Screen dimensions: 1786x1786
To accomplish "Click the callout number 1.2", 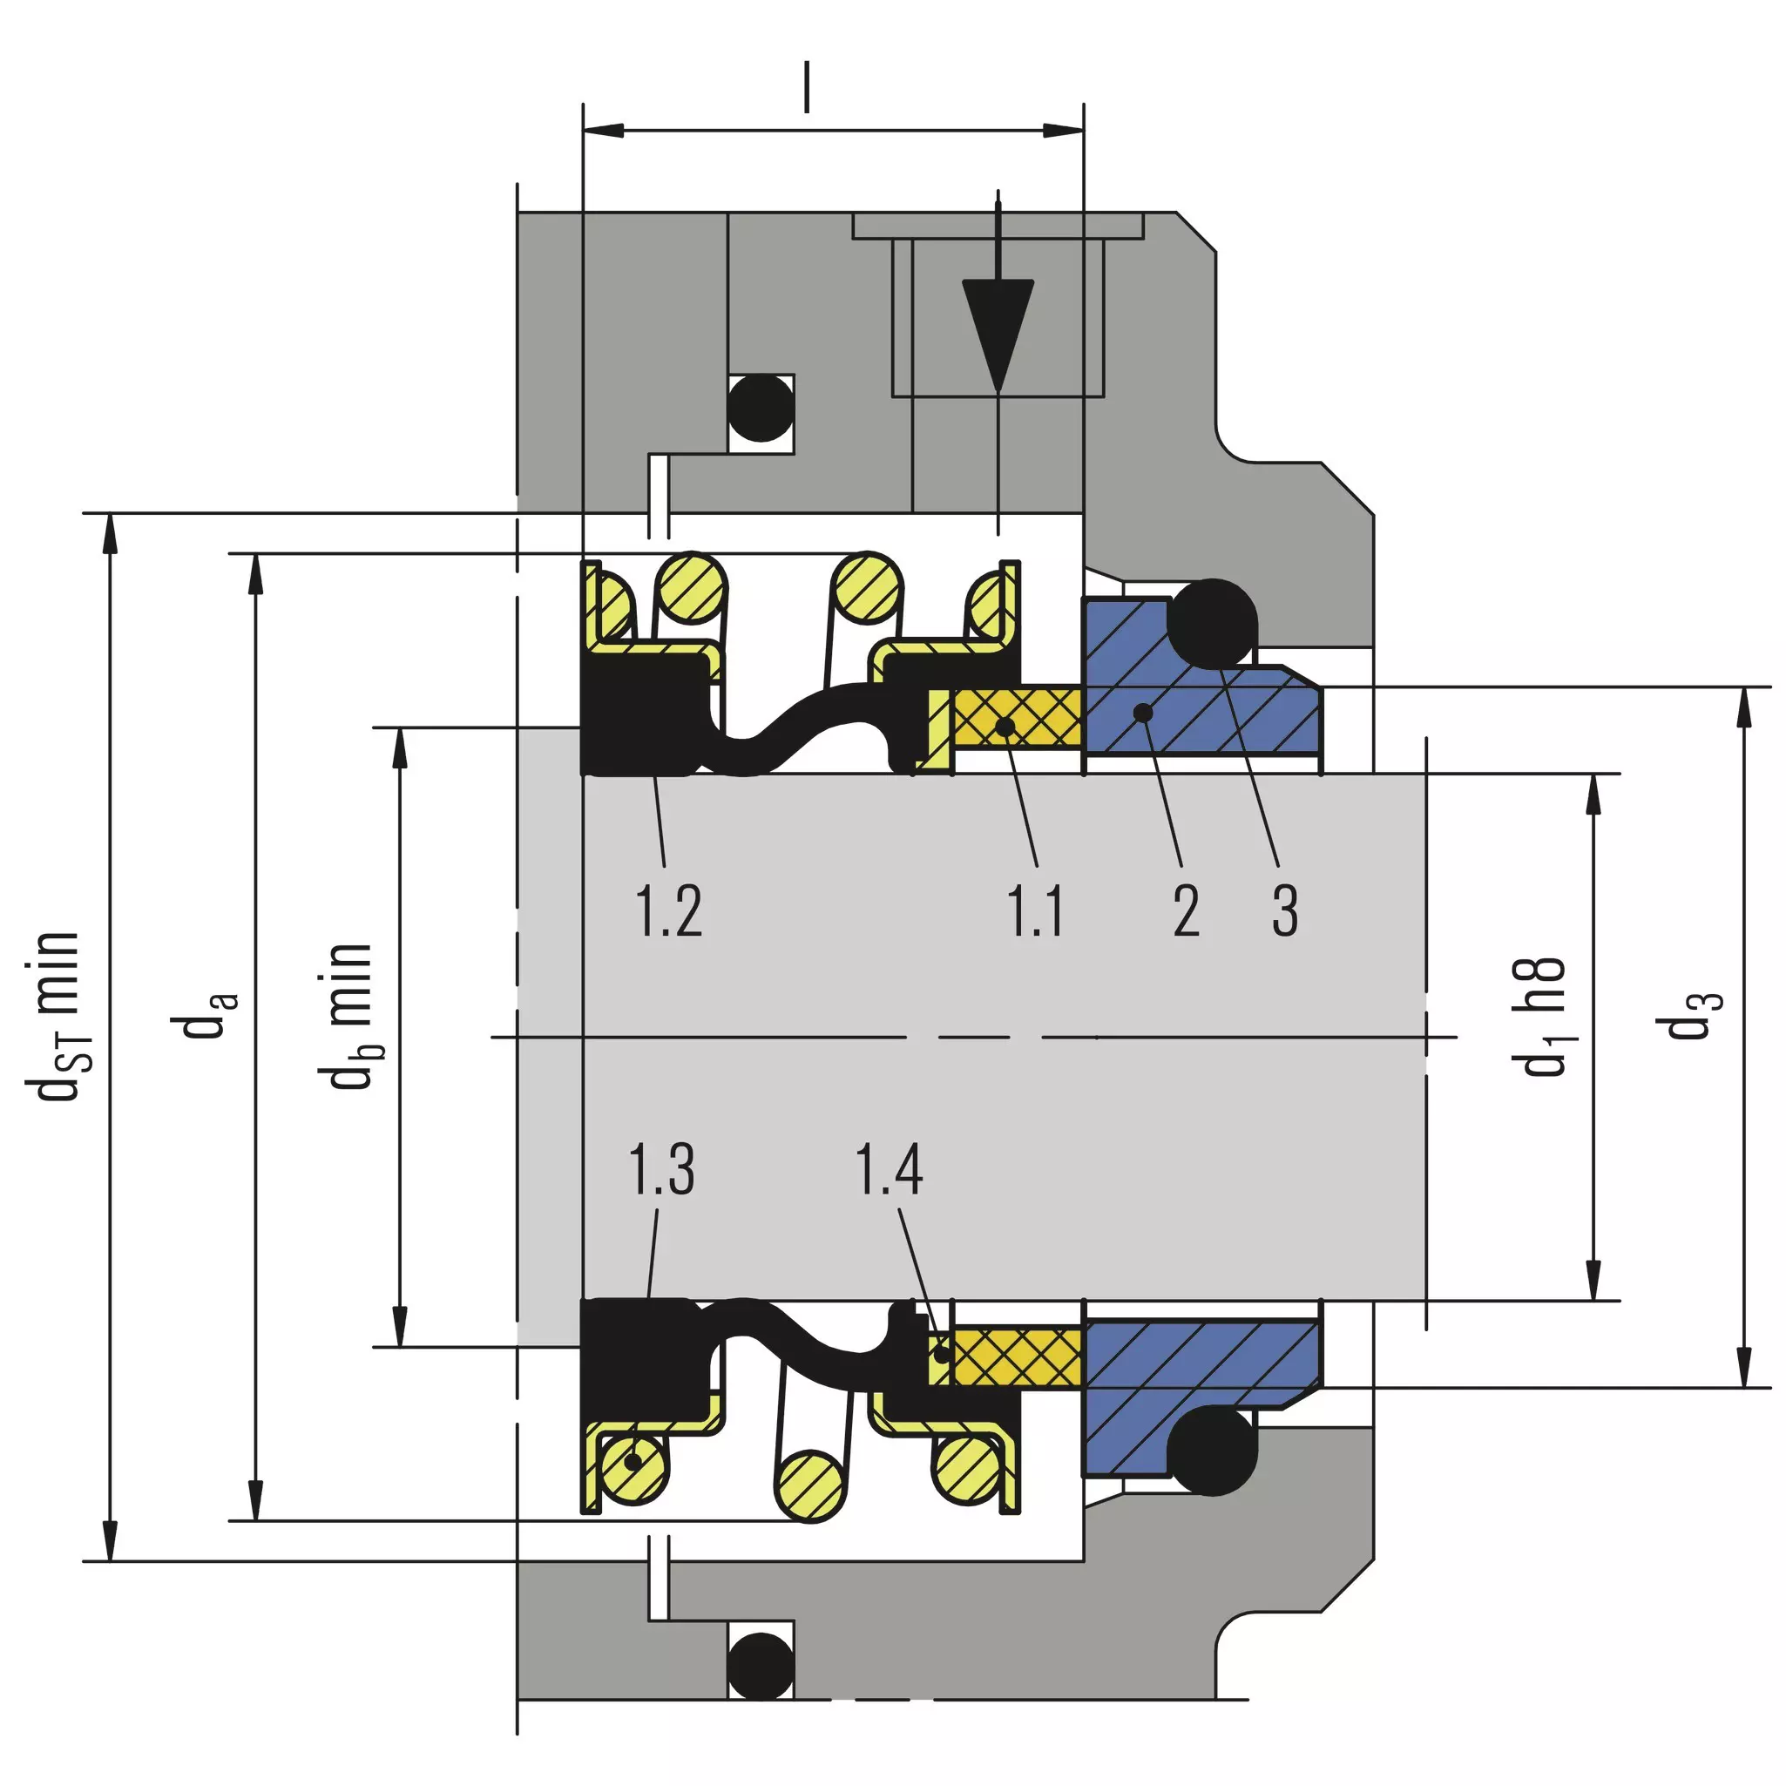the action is coord(668,910).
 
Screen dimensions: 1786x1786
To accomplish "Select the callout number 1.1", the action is coord(1034,910).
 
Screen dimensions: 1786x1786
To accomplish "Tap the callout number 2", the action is coord(1186,910).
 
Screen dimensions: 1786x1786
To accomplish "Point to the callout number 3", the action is coord(1285,910).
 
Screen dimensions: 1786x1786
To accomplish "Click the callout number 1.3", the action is coord(661,1168).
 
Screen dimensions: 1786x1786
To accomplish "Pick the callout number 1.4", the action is coord(889,1168).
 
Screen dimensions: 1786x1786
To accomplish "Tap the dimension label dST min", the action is coord(58,1017).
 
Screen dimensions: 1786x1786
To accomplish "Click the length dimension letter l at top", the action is coord(806,87).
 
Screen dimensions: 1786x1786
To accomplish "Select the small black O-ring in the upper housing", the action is coord(761,407).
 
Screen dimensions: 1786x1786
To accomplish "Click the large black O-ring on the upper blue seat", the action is coord(1212,623).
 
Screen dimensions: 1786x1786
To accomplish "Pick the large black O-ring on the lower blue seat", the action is coord(1212,1451).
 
